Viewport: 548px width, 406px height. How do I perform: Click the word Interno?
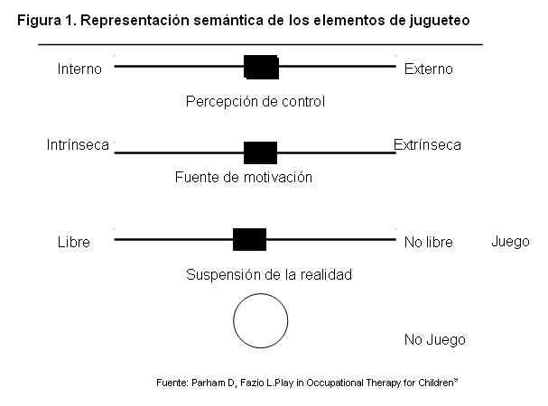click(x=79, y=69)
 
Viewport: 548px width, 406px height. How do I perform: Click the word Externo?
click(x=429, y=69)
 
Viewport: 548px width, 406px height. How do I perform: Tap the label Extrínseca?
click(x=427, y=144)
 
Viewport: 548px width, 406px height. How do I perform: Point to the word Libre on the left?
click(x=73, y=243)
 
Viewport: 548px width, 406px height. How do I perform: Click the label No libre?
click(x=428, y=243)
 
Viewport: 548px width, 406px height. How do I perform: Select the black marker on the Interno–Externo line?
click(x=261, y=67)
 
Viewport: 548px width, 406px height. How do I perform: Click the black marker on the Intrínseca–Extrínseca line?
click(x=260, y=152)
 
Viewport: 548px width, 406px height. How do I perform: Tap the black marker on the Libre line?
click(x=249, y=239)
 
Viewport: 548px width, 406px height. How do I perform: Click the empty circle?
click(x=261, y=320)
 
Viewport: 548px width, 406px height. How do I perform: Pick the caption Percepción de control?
click(x=255, y=102)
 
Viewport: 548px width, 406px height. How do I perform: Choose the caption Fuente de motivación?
click(x=244, y=178)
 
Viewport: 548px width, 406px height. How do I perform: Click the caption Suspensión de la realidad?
click(x=255, y=274)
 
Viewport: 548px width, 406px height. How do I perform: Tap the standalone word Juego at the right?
click(x=510, y=242)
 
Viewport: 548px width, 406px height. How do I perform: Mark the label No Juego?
click(x=435, y=340)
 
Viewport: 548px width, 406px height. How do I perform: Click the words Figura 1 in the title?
click(x=45, y=19)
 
